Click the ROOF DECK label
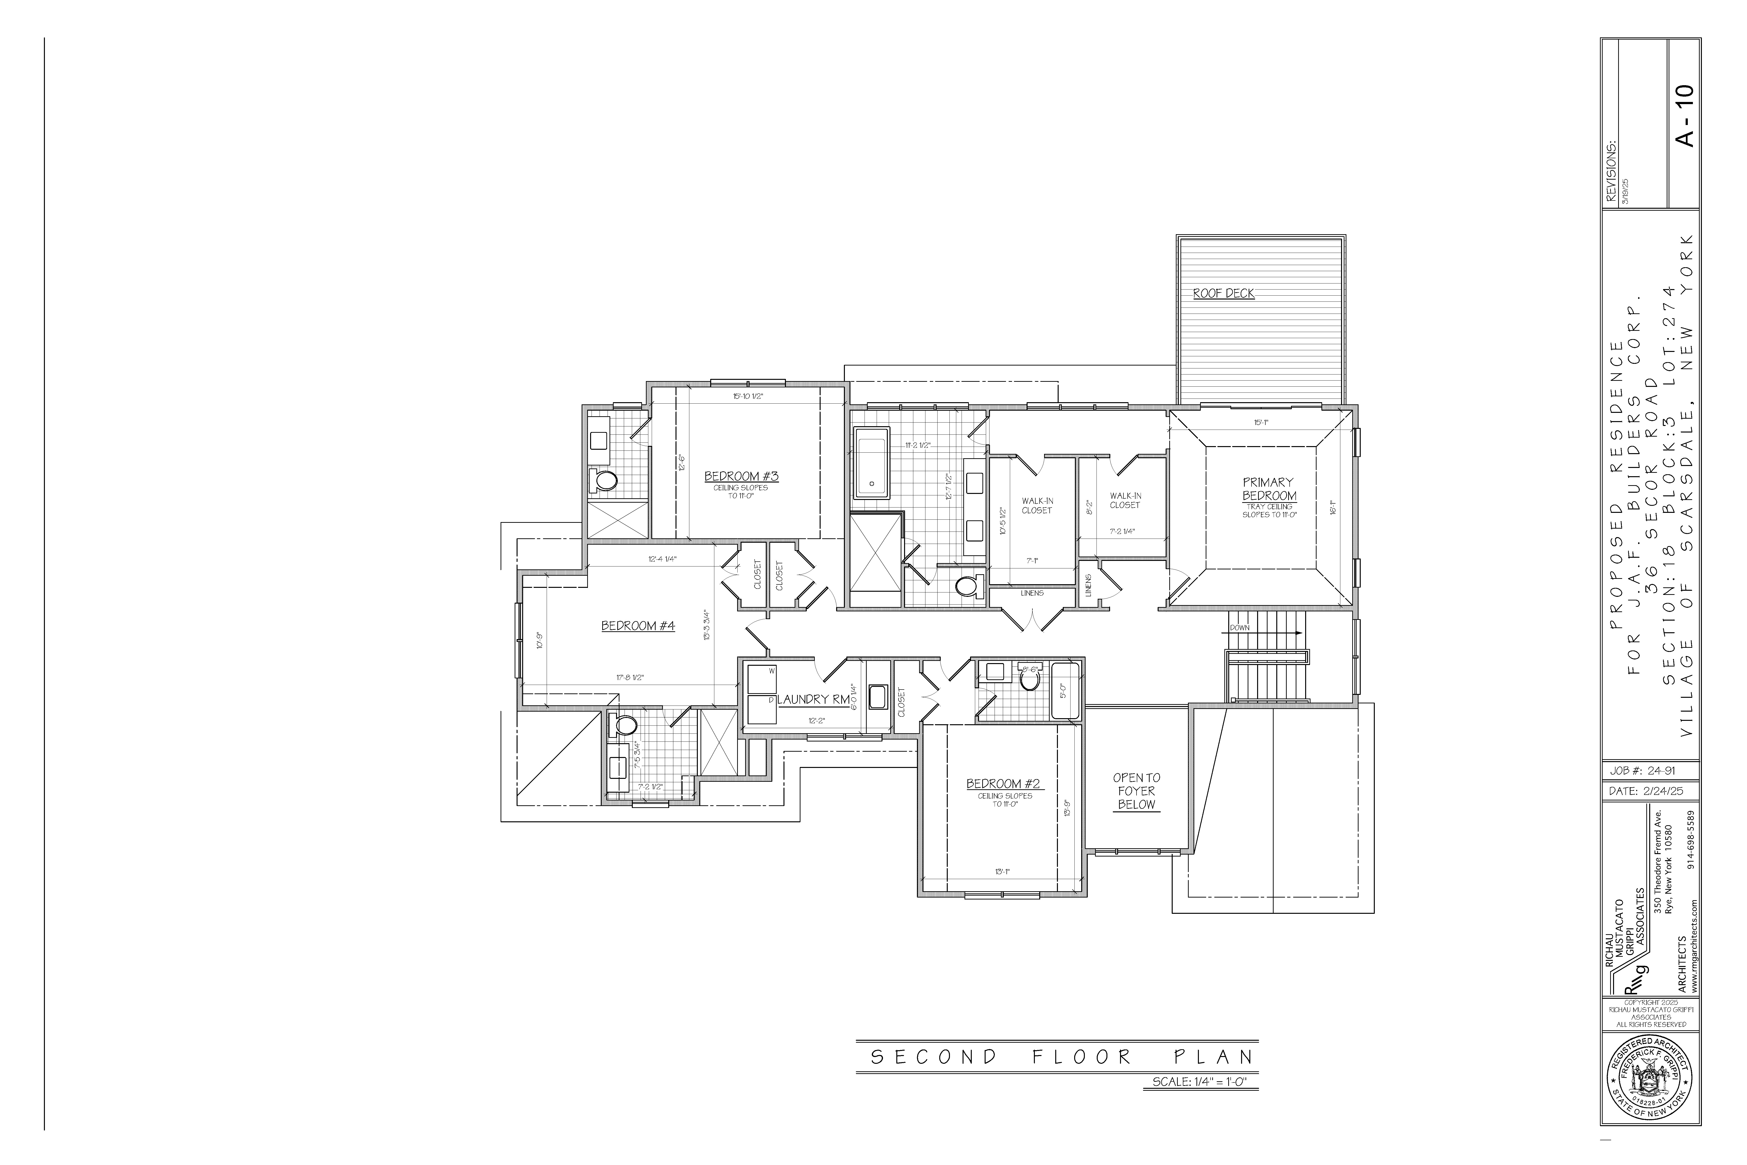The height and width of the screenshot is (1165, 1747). pyautogui.click(x=1223, y=293)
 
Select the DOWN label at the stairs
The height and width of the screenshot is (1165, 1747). pyautogui.click(x=1240, y=628)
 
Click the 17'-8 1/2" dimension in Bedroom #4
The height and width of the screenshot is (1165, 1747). pyautogui.click(x=629, y=678)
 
